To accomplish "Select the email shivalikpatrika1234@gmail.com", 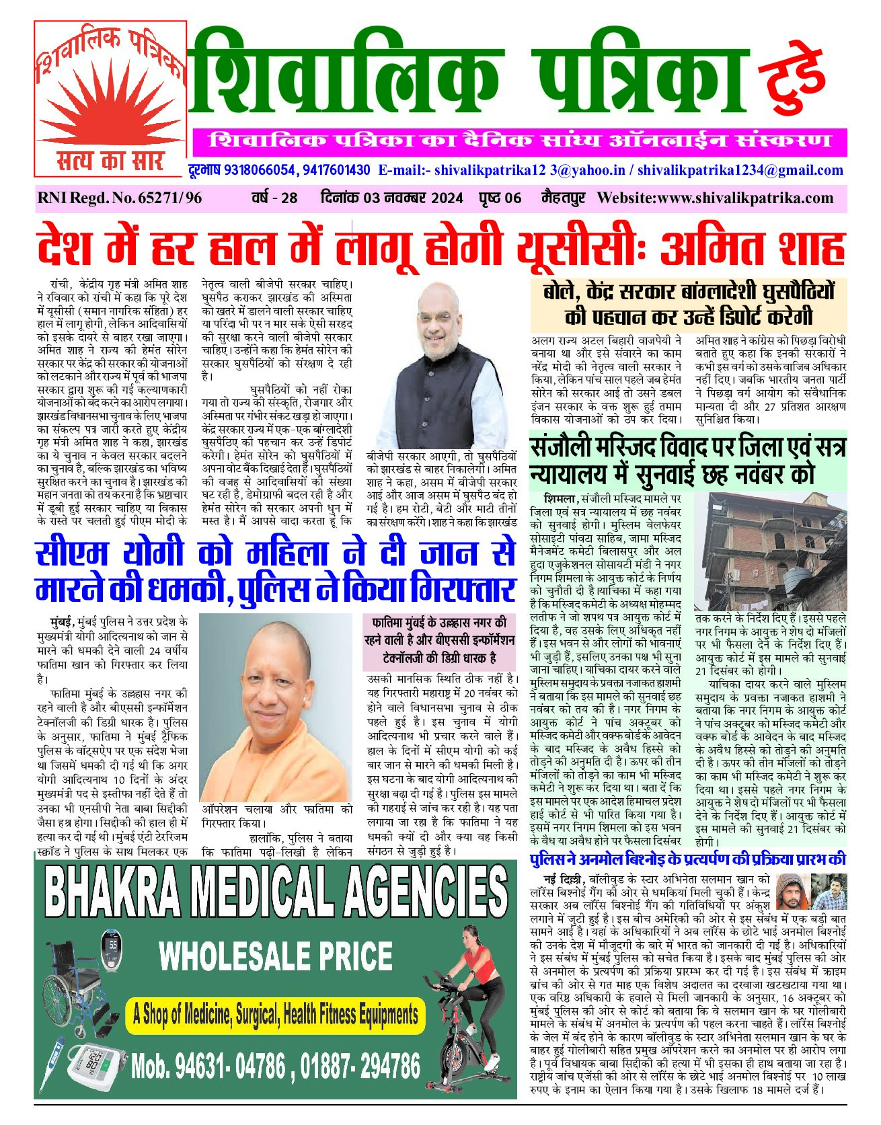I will coord(740,170).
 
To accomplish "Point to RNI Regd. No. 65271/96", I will coord(120,198).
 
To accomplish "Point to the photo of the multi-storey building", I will coord(770,551).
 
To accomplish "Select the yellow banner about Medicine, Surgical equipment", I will coord(276,1014).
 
